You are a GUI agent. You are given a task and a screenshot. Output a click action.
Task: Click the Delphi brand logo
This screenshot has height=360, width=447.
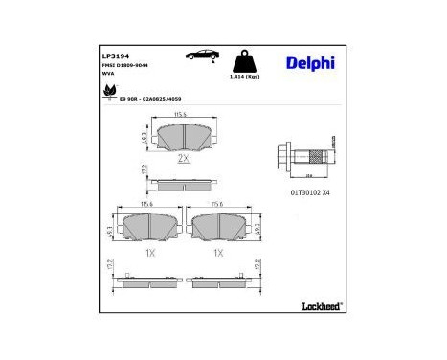pos(310,64)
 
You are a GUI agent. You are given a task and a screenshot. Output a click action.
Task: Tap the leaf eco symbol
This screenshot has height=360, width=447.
pos(108,94)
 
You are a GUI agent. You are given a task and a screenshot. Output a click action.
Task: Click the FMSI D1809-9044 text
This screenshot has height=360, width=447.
pos(127,66)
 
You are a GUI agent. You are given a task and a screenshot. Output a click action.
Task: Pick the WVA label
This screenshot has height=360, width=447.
pos(108,76)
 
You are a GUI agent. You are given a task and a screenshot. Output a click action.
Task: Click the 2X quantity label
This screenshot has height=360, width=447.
pos(183,158)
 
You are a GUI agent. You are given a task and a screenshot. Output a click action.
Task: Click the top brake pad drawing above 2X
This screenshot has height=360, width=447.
pos(179,136)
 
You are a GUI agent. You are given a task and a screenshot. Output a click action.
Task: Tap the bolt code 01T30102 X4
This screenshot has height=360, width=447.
pos(310,192)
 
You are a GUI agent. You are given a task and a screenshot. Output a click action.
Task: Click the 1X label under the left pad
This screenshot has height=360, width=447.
pos(148,253)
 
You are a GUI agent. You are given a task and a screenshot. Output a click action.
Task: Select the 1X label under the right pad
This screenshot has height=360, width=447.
pos(218,253)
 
